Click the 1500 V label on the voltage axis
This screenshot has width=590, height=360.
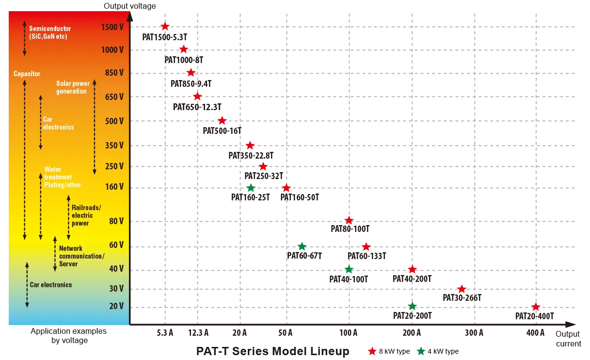click(x=112, y=27)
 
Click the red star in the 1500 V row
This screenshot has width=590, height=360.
click(x=165, y=27)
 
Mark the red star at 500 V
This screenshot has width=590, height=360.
click(x=222, y=120)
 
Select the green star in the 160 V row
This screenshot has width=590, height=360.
click(x=251, y=188)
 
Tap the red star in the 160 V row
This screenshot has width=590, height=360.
click(x=286, y=188)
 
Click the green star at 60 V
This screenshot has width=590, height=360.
click(x=302, y=246)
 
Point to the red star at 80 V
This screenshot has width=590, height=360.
click(x=349, y=220)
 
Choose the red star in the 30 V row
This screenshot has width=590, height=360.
click(x=462, y=289)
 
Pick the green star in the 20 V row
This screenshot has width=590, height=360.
click(x=412, y=306)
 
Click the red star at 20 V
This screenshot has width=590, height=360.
click(x=535, y=307)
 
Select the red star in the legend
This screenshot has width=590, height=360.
click(x=372, y=352)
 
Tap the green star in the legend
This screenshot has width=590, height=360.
click(x=421, y=352)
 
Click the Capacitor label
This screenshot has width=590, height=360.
click(x=27, y=74)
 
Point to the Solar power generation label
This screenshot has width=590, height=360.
click(x=73, y=87)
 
